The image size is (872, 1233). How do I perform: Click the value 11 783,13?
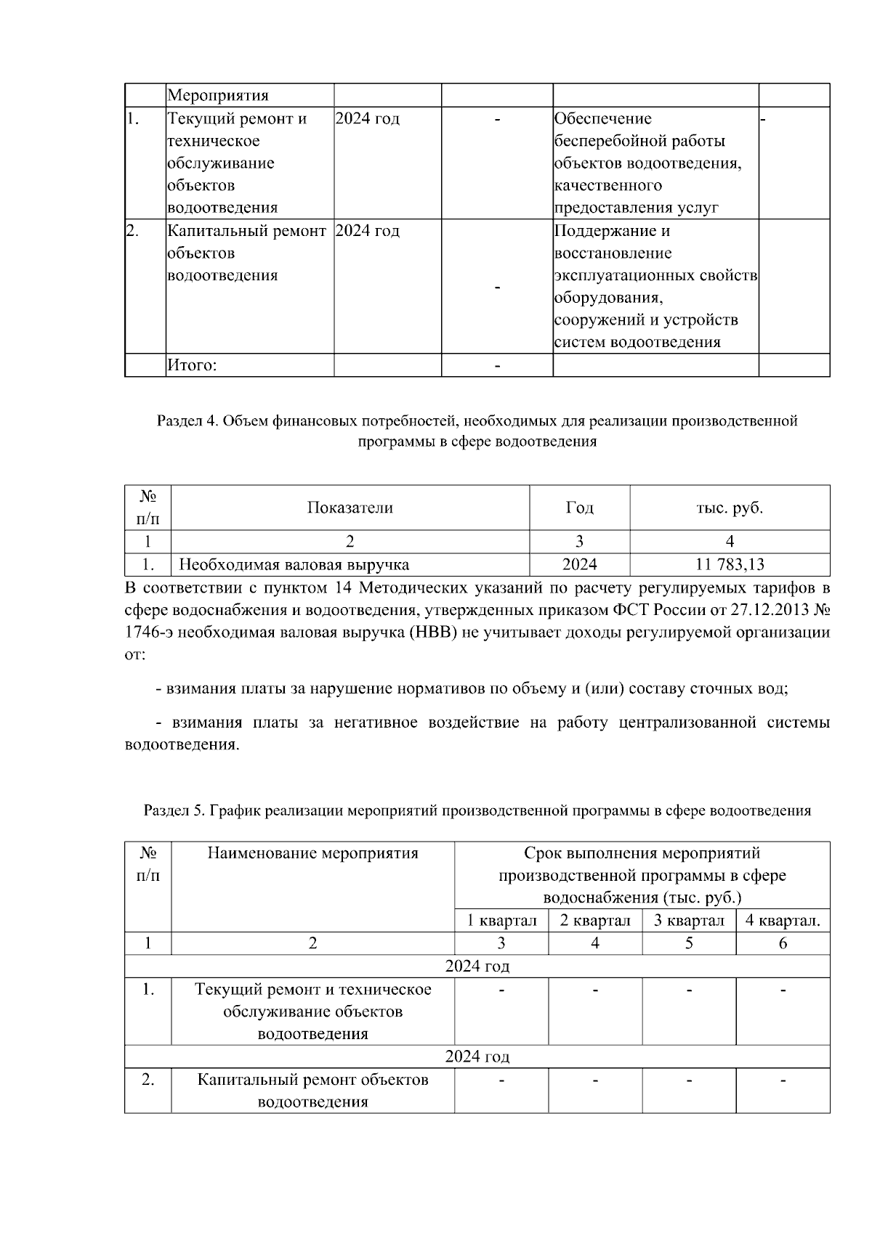click(x=730, y=564)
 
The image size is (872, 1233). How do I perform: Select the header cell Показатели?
click(x=350, y=508)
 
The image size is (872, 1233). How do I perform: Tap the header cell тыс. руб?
click(x=730, y=508)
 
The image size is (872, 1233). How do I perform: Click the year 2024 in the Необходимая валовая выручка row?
click(x=579, y=564)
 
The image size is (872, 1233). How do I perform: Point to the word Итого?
click(x=192, y=365)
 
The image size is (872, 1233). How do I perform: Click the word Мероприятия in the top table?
click(x=217, y=95)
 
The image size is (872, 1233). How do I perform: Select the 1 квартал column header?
click(x=501, y=921)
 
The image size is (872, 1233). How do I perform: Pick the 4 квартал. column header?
click(x=783, y=921)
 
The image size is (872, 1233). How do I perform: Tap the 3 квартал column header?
click(x=689, y=921)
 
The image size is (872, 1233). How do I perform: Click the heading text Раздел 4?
click(x=187, y=421)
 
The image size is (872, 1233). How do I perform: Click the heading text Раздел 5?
click(x=174, y=810)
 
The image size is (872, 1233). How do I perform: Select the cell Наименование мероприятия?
click(x=312, y=852)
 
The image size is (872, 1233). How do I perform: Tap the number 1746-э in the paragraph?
click(x=149, y=632)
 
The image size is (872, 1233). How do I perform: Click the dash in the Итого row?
click(x=497, y=365)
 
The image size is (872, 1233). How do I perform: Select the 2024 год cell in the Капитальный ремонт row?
click(x=368, y=231)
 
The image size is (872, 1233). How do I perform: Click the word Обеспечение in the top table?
click(x=603, y=118)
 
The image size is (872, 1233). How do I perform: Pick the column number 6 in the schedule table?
click(x=783, y=943)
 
